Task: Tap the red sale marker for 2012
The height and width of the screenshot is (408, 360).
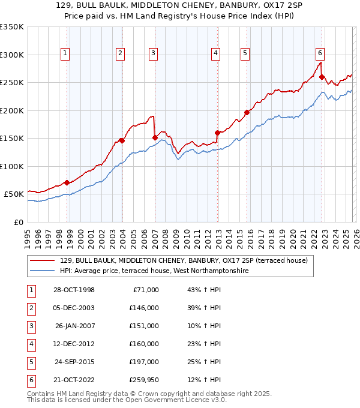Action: point(217,133)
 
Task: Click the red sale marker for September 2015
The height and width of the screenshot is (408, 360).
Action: point(247,112)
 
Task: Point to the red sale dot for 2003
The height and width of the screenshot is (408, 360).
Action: point(122,140)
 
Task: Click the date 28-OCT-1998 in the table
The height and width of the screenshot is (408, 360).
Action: point(74,290)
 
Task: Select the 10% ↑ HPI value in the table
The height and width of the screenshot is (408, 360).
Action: point(203,325)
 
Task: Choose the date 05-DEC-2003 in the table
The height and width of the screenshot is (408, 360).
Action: point(74,308)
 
